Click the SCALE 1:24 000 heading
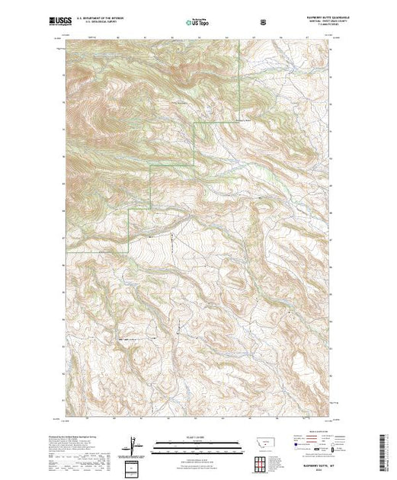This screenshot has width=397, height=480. [198, 437]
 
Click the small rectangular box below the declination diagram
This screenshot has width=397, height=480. [134, 466]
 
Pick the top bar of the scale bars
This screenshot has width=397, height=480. [198, 442]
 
